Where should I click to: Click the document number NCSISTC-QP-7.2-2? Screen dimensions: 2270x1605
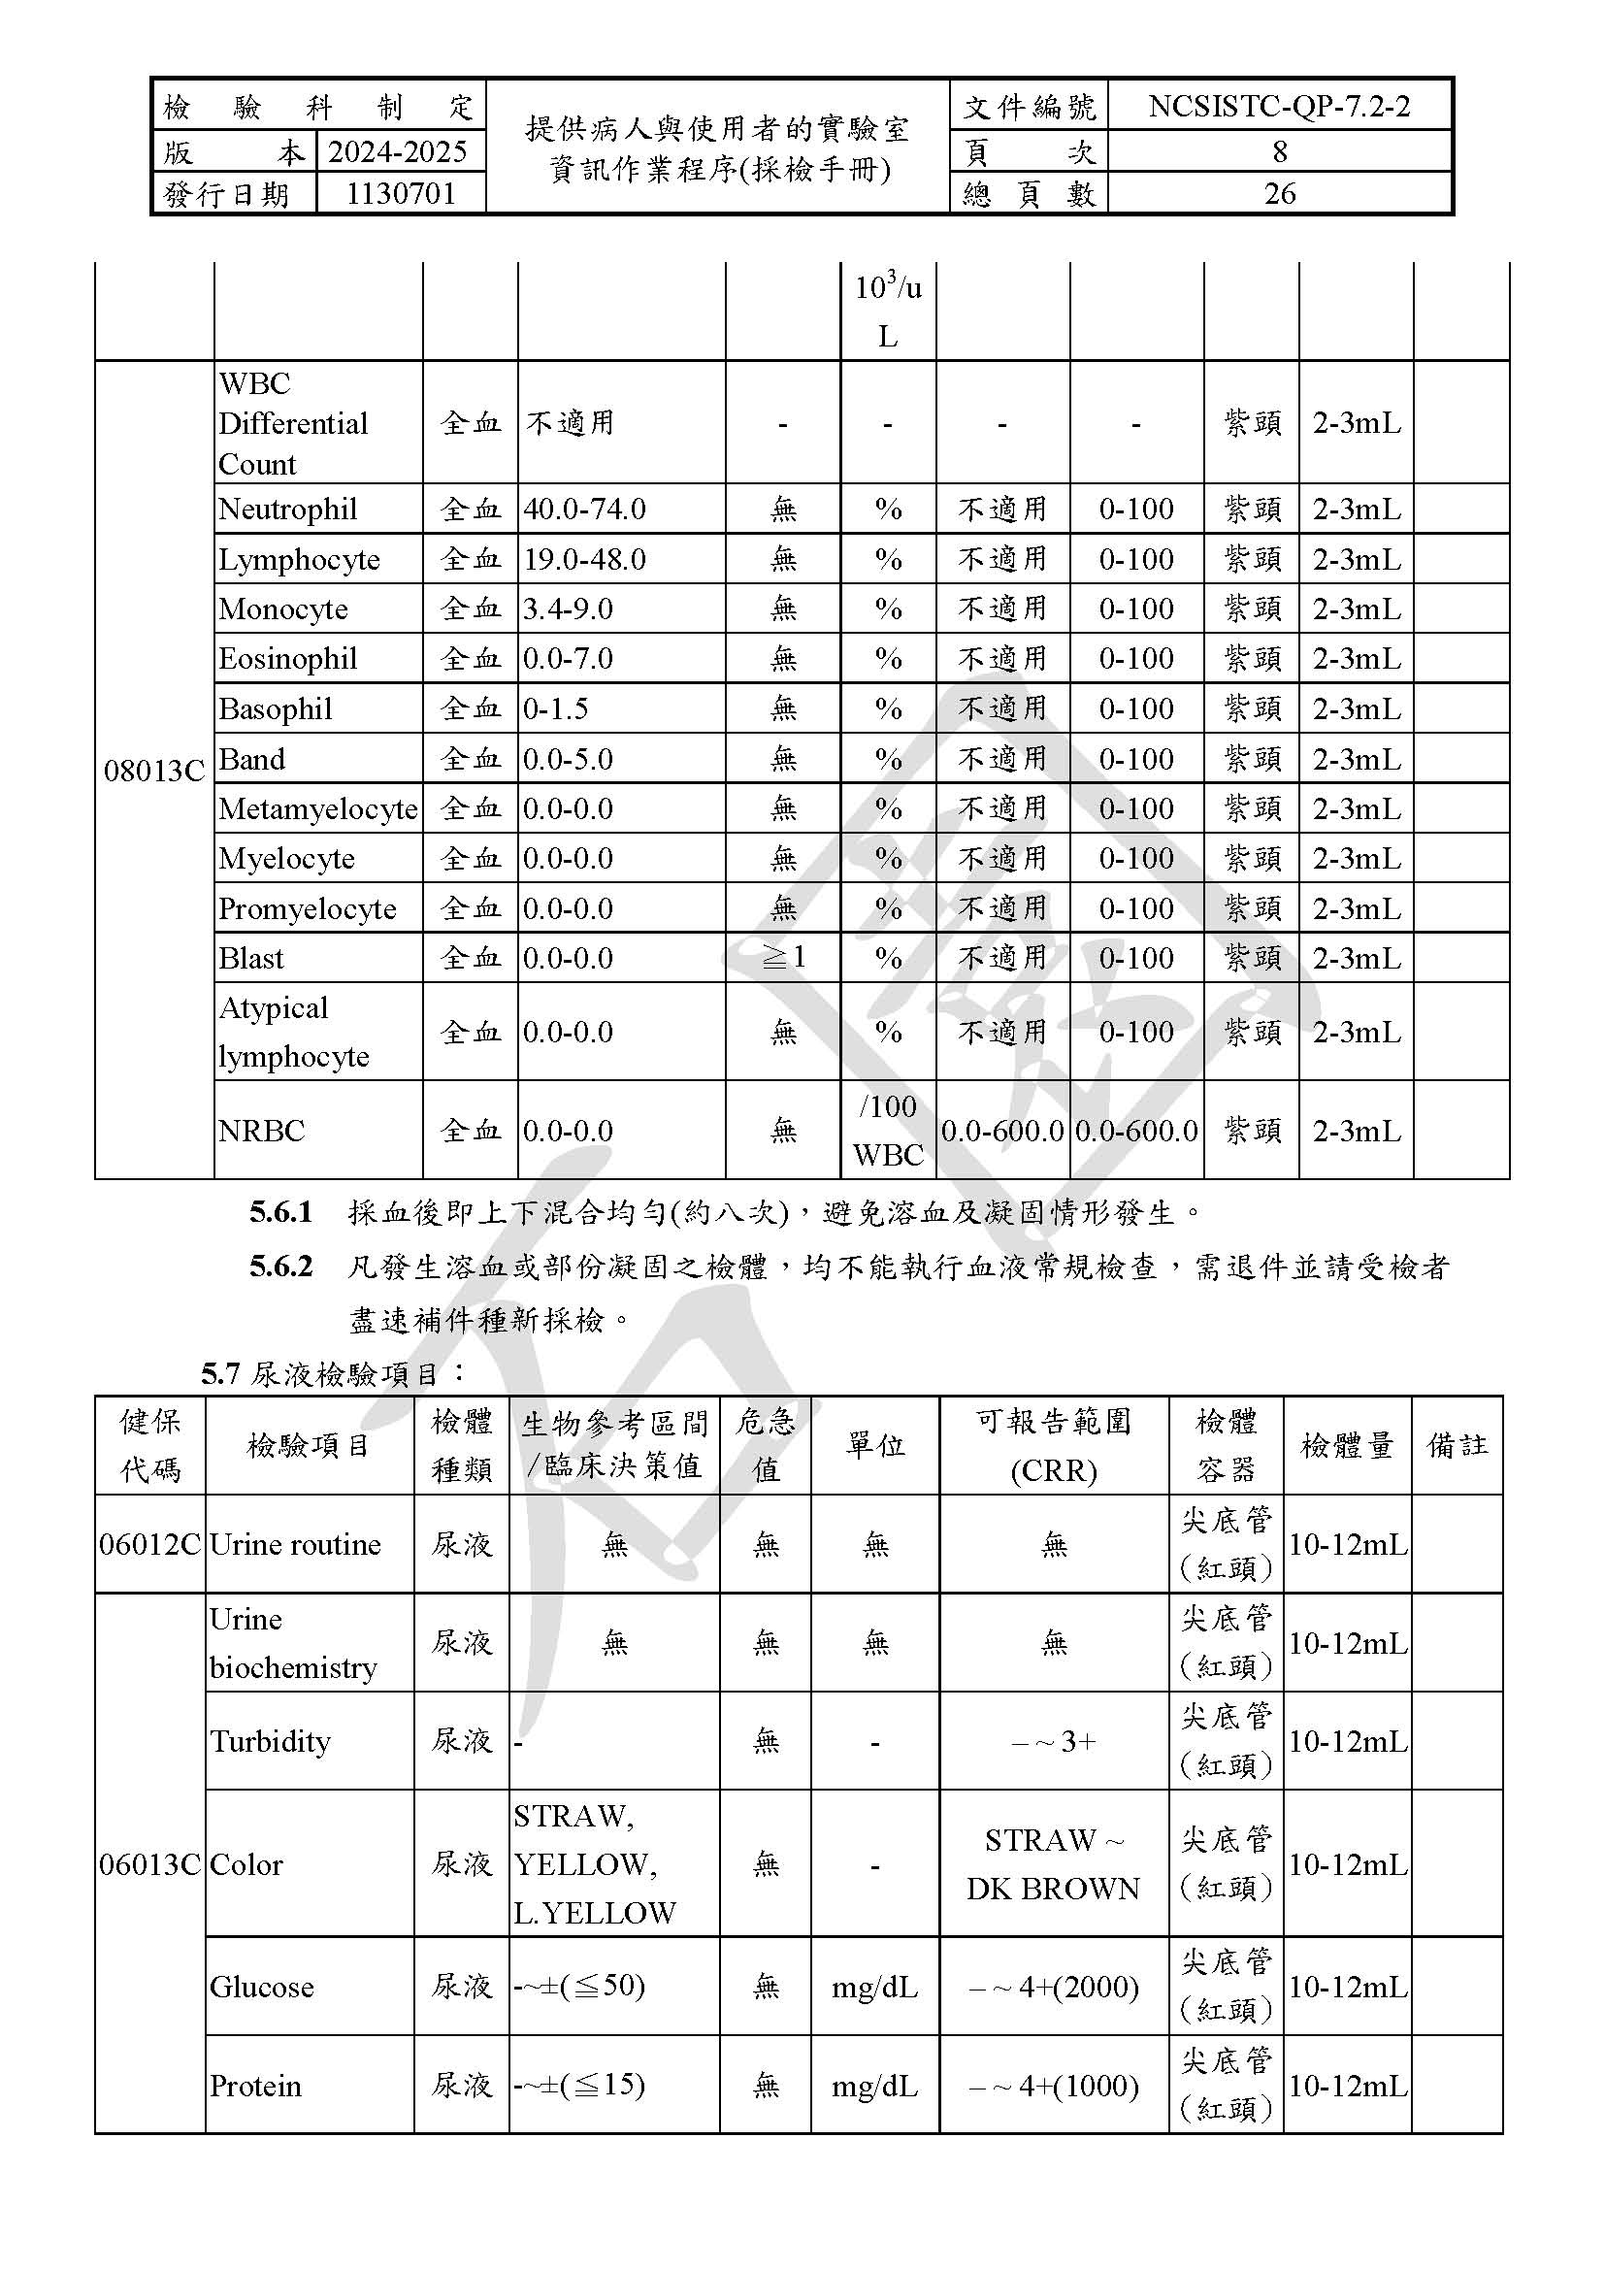(1279, 106)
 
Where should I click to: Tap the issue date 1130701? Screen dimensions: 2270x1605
(400, 194)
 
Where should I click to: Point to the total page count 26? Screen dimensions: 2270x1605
(1279, 194)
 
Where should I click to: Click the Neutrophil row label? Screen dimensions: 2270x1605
(287, 510)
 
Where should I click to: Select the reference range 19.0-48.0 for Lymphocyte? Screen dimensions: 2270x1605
(584, 560)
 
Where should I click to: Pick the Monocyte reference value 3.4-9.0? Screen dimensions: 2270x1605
(569, 609)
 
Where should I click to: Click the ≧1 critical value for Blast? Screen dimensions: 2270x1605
(783, 957)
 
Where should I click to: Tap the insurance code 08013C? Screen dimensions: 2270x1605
(154, 771)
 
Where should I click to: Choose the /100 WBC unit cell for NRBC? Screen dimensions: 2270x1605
(888, 1130)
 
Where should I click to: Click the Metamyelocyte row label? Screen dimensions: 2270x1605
(318, 808)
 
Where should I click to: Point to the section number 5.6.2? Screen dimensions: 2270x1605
(280, 1267)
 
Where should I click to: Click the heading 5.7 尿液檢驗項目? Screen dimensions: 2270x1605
(334, 1373)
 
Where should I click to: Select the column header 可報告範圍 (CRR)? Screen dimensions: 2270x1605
(1054, 1445)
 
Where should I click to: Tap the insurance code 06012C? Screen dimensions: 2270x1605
(150, 1544)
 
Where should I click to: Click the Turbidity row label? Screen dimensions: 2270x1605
(270, 1740)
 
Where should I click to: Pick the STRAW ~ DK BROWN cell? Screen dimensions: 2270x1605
(1054, 1863)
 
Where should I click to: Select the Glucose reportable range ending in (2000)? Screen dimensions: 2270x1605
(1054, 1987)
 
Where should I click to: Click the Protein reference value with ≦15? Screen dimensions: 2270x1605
(580, 2084)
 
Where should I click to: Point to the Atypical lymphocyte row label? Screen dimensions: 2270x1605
(293, 1032)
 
